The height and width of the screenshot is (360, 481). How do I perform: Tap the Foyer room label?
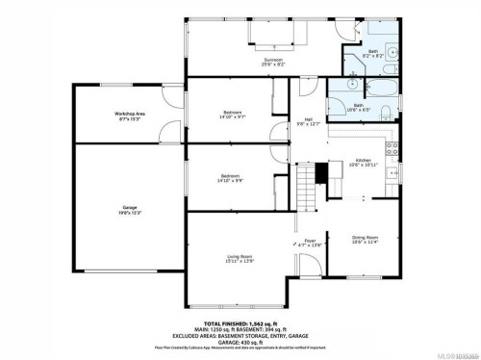click(x=310, y=241)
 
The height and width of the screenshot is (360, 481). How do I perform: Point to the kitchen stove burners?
click(x=391, y=148)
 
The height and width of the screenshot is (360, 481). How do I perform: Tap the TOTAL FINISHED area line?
click(x=240, y=324)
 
